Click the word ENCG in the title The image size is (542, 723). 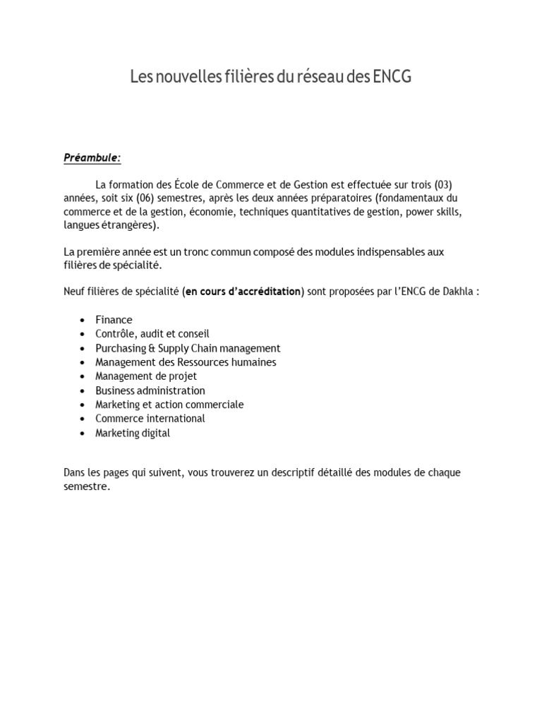tap(390, 77)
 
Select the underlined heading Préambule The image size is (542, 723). tap(92, 158)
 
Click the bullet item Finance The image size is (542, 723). tap(114, 320)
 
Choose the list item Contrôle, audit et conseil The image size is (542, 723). tap(152, 334)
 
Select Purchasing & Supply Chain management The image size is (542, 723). tap(188, 348)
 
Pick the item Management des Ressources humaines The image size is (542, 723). tap(186, 362)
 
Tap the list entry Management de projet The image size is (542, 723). tap(146, 376)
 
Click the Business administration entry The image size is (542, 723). tap(150, 390)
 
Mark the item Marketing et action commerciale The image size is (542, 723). tap(169, 405)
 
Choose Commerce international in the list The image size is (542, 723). tap(150, 419)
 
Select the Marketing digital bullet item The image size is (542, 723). tap(133, 433)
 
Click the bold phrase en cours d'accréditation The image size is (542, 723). tap(243, 292)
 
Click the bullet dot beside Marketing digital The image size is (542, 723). tap(83, 433)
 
